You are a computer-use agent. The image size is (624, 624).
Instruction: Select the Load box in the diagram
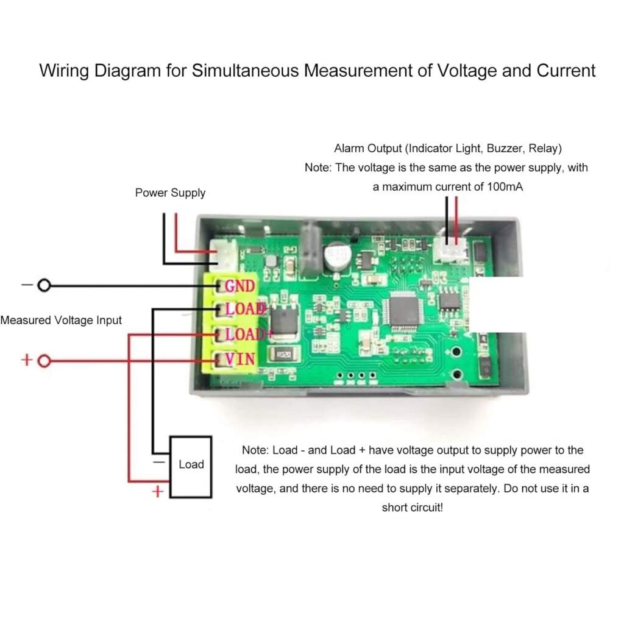(x=191, y=465)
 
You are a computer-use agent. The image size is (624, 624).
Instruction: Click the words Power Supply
(x=170, y=193)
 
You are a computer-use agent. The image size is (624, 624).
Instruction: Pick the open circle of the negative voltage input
(x=44, y=286)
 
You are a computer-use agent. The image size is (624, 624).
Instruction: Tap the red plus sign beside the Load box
(x=157, y=491)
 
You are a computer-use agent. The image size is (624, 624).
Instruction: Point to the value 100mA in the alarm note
(x=504, y=188)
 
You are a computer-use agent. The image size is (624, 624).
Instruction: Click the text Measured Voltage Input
(x=61, y=320)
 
